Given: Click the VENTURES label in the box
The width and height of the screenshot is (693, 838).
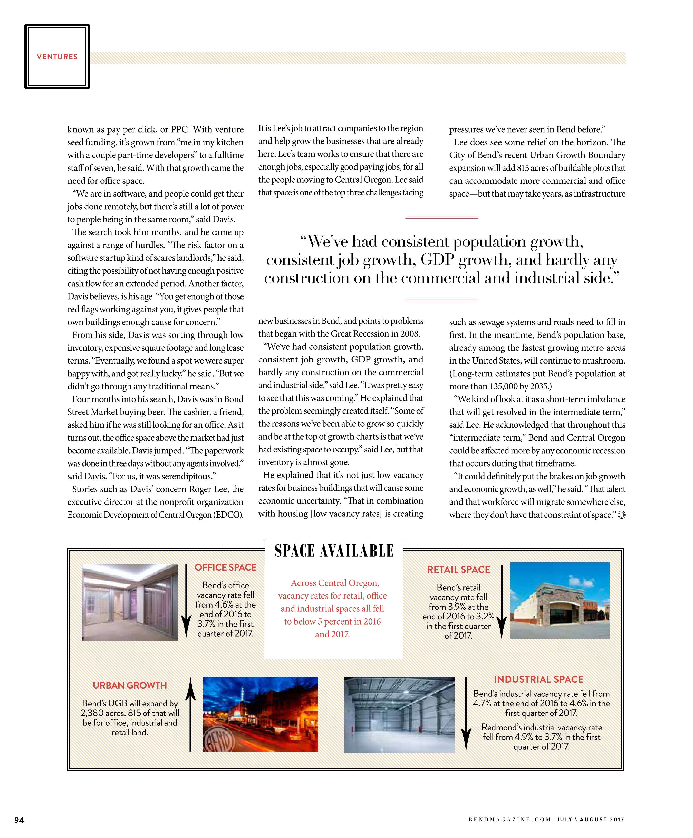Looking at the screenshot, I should point(57,57).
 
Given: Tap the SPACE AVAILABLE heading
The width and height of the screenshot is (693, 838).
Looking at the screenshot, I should point(334,551).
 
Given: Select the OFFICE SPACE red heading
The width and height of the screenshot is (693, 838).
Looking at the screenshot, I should point(225,567).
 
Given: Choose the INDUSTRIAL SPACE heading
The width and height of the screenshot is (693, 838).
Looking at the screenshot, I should point(538,679).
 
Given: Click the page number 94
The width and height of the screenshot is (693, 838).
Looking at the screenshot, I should point(19,820).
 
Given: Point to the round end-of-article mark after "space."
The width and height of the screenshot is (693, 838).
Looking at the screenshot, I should point(621,515).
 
